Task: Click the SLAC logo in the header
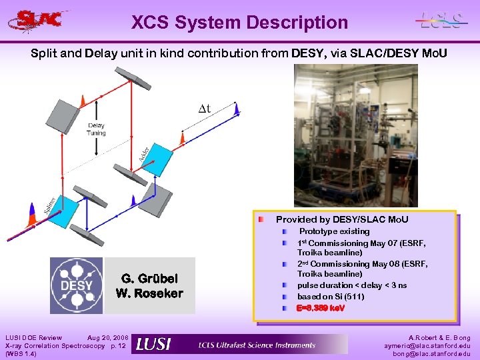(39, 19)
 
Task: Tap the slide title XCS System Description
(239, 23)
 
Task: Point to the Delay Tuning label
(96, 129)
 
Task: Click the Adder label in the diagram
(144, 153)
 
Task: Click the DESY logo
(77, 285)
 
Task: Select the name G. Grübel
(149, 278)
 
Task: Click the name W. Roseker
(149, 293)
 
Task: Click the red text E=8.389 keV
(321, 309)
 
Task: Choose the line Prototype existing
(333, 231)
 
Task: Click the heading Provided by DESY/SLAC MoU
(342, 219)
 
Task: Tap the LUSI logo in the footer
(153, 344)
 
